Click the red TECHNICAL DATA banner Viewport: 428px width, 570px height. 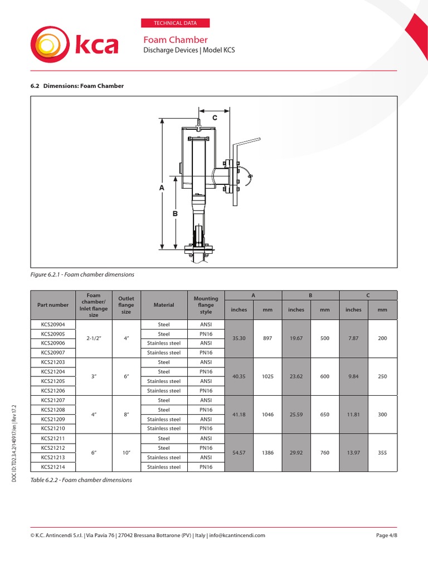pos(177,23)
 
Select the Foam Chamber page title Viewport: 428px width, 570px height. pos(176,40)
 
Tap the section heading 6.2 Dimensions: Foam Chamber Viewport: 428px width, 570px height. pos(76,86)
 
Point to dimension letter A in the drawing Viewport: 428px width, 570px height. pos(162,188)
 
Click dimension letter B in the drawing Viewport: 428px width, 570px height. pos(174,213)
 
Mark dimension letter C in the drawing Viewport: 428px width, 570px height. pos(214,119)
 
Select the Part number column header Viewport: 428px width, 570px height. pos(53,304)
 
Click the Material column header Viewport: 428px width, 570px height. pos(164,304)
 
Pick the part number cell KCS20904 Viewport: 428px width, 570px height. pos(53,325)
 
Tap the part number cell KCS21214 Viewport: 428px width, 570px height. pos(53,467)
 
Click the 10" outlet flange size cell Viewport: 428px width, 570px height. pos(127,453)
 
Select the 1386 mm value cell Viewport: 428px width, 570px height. pos(267,453)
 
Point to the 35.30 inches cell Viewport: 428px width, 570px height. pos(239,338)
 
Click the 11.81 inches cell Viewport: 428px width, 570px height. pos(353,415)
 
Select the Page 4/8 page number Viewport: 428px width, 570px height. pos(386,535)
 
